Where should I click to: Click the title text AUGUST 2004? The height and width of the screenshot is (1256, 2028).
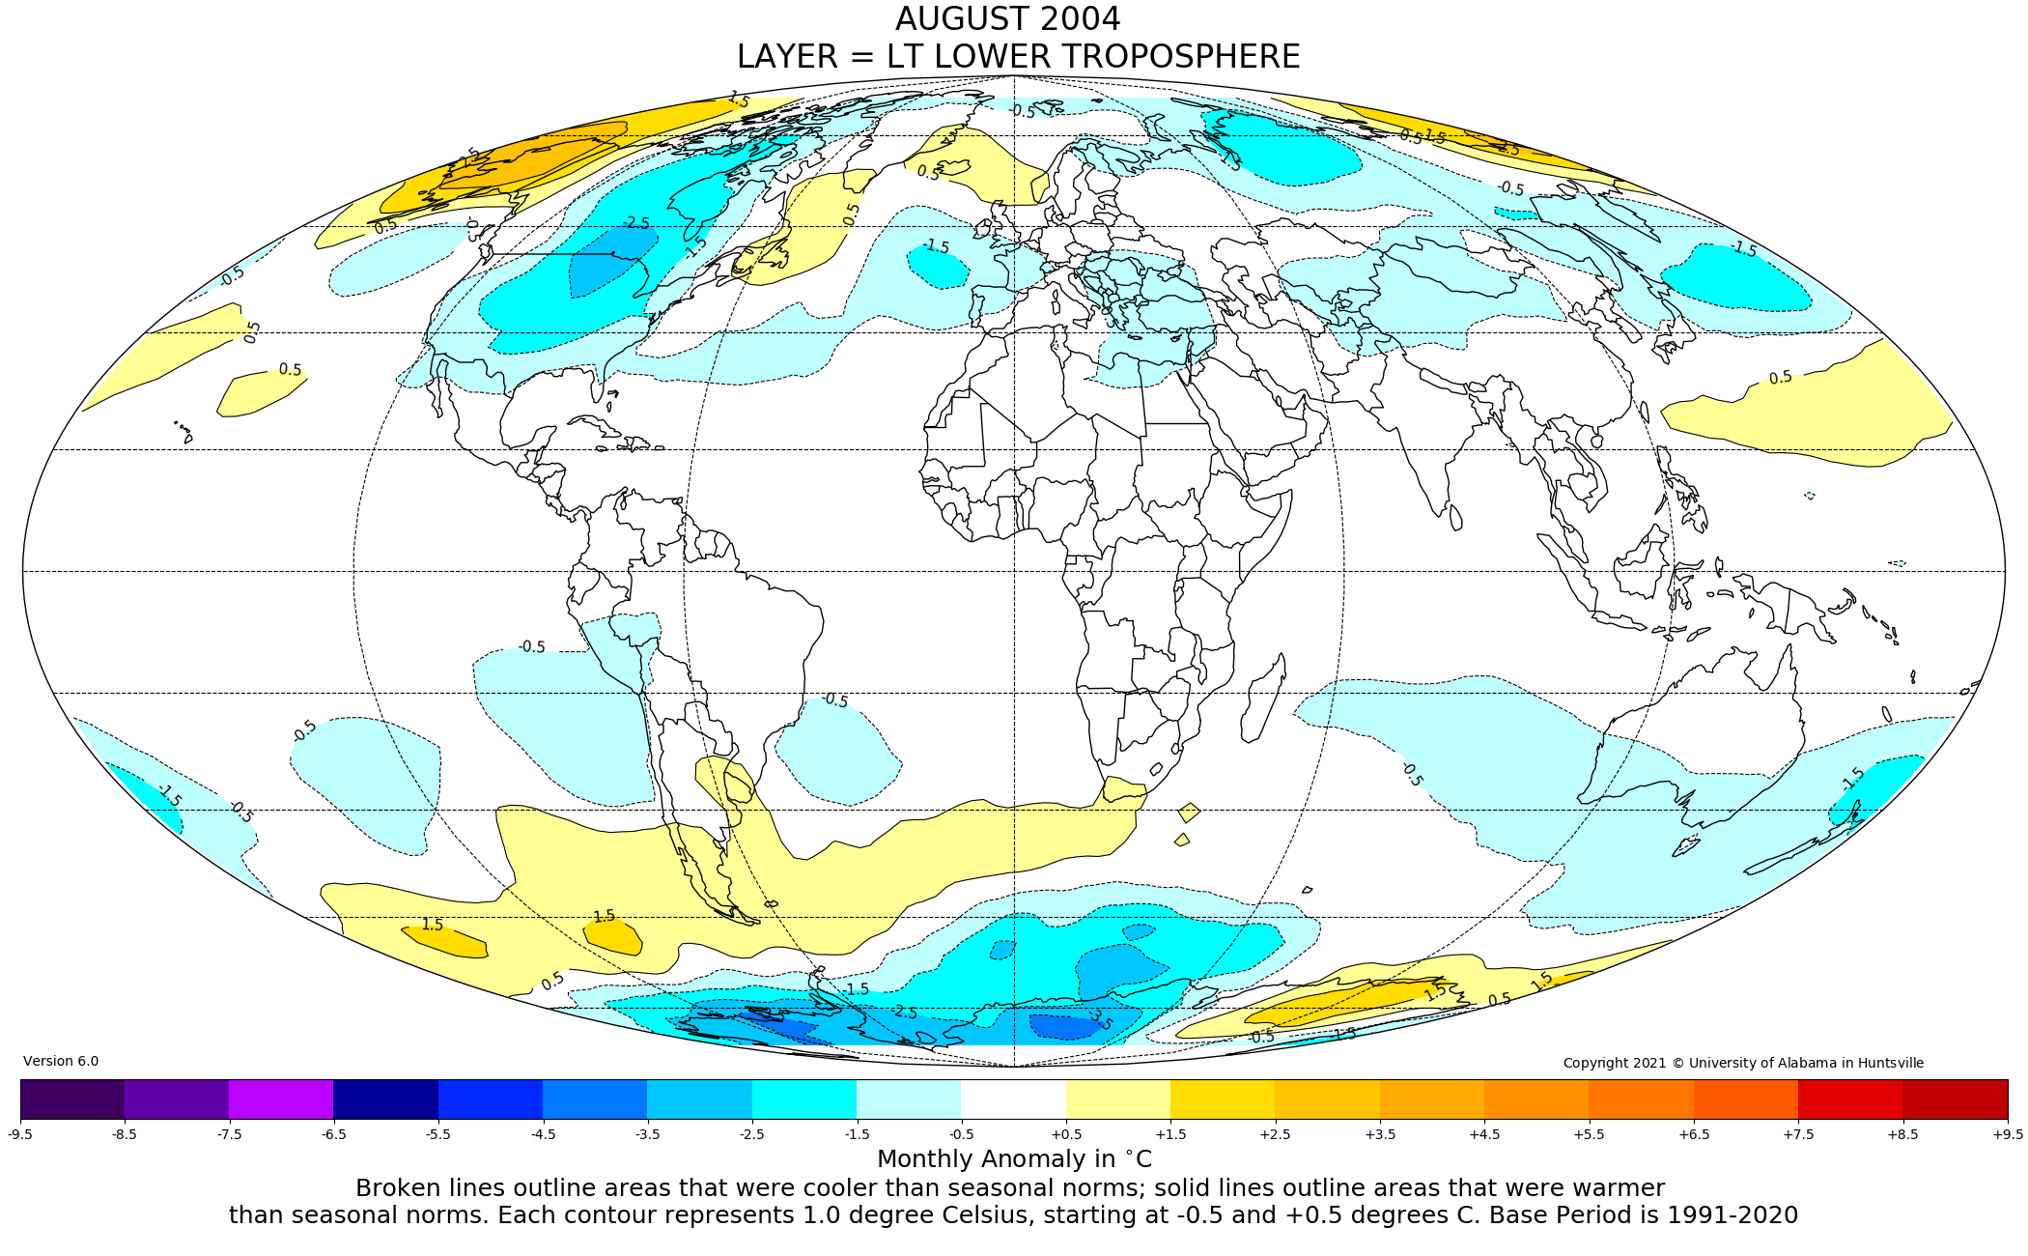(x=1007, y=19)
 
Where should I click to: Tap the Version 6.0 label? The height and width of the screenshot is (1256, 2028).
(x=61, y=1061)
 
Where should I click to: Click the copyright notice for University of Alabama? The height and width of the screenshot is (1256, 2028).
(x=1743, y=1063)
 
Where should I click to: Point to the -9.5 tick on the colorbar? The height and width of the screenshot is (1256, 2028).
(x=20, y=1134)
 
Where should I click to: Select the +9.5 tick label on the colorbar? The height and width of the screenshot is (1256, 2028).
(x=2007, y=1134)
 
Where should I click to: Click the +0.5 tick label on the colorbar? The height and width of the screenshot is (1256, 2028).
(x=1066, y=1134)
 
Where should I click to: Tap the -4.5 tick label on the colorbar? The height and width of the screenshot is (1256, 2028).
(x=543, y=1134)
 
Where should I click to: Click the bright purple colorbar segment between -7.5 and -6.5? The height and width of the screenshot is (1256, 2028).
(x=281, y=1099)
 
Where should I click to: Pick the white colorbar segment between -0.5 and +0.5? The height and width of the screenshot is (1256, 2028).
(x=1013, y=1099)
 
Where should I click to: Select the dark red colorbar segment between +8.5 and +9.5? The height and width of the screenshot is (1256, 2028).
(x=1955, y=1099)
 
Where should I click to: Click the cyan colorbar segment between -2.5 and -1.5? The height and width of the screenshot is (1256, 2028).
(x=803, y=1099)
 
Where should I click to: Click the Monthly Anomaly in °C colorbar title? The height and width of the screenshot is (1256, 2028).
(x=1014, y=1159)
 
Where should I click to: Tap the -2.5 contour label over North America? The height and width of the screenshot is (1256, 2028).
(x=635, y=223)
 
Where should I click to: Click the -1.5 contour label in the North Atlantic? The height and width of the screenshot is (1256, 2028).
(x=935, y=246)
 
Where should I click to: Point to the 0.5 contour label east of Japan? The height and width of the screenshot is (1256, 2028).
(x=1780, y=378)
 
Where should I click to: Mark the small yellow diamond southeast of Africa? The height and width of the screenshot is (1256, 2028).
(x=1189, y=813)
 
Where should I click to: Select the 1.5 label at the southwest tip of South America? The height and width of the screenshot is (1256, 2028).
(x=604, y=916)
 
